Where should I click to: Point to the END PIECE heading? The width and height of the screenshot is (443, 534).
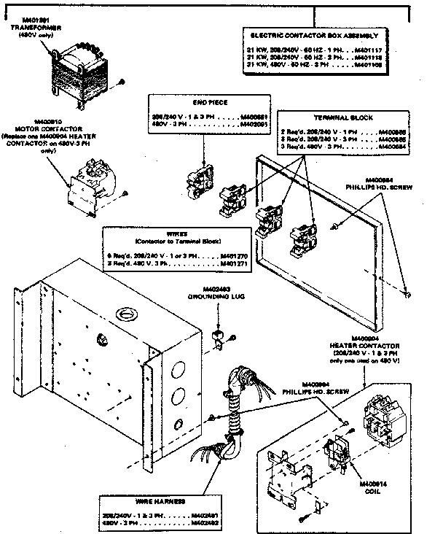click(x=200, y=103)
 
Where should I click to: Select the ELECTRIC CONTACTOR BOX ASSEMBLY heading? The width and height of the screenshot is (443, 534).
click(x=315, y=35)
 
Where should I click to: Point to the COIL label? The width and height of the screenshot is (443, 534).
click(x=366, y=489)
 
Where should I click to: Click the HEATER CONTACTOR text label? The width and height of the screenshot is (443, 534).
click(x=374, y=345)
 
